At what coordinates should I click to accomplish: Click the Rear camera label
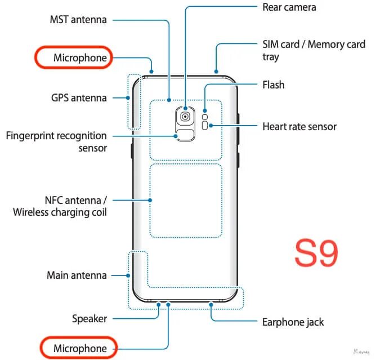click(289, 7)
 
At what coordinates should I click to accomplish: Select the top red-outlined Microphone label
click(71, 57)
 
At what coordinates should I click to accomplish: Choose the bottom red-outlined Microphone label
click(79, 349)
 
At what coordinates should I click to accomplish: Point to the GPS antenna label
click(79, 97)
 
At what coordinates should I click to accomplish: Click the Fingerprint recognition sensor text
click(56, 141)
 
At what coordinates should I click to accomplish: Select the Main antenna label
click(77, 275)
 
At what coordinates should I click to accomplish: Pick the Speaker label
click(89, 318)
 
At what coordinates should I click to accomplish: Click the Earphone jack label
click(293, 322)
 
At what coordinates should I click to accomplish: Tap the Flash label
click(274, 85)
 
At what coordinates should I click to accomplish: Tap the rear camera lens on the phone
click(185, 115)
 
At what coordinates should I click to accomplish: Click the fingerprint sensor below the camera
click(185, 135)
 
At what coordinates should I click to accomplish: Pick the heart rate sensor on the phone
click(205, 126)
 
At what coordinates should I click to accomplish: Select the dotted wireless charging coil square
click(185, 201)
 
